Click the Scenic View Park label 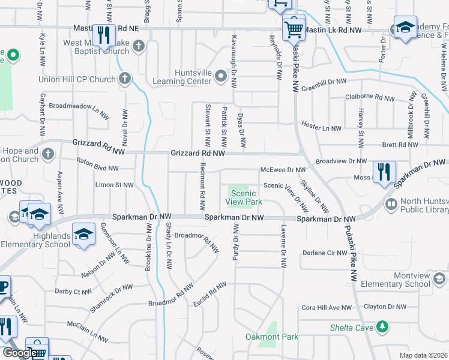pos(243,197)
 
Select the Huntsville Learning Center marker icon pos(220,77)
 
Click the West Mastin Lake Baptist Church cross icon pos(139,45)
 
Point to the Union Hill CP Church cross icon pos(125,78)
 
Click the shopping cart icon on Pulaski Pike pos(294,28)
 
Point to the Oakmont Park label pos(272,337)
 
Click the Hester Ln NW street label pos(321,128)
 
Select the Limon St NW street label pos(115,185)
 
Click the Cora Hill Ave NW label pos(327,307)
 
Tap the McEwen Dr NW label pos(283,170)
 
